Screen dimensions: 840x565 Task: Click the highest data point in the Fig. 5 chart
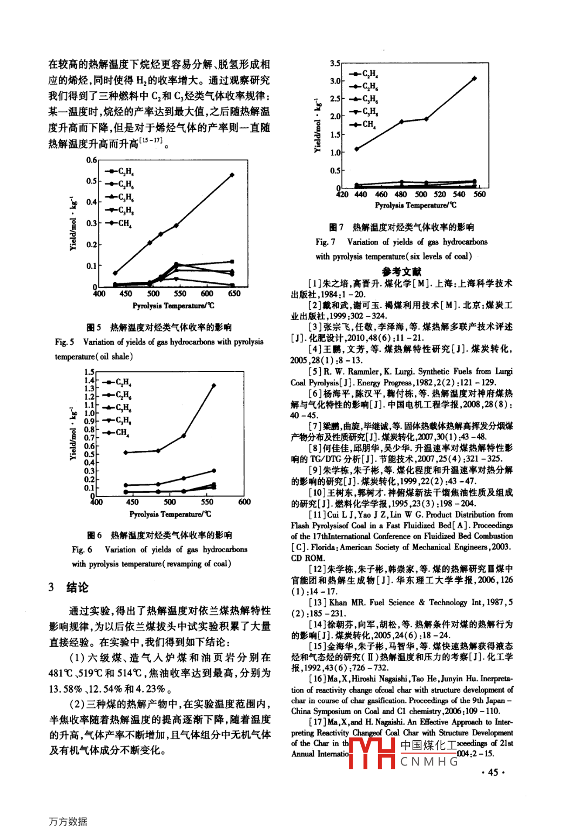pyautogui.click(x=232, y=175)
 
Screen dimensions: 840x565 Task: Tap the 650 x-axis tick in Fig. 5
pyautogui.click(x=234, y=294)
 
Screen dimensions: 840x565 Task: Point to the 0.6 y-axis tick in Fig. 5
pyautogui.click(x=91, y=160)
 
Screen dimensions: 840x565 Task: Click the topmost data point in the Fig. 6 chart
pyautogui.click(x=214, y=385)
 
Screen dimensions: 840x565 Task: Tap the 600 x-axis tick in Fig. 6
pyautogui.click(x=244, y=502)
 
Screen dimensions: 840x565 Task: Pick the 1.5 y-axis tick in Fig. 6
pyautogui.click(x=89, y=372)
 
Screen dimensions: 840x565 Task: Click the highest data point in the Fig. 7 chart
pyautogui.click(x=475, y=78)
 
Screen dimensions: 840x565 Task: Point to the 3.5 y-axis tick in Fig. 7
pyautogui.click(x=335, y=63)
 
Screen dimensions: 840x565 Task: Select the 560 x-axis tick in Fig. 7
pyautogui.click(x=479, y=194)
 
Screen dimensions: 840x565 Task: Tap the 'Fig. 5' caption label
pyautogui.click(x=64, y=342)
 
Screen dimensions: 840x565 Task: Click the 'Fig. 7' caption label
pyautogui.click(x=325, y=242)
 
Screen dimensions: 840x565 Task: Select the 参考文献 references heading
pyautogui.click(x=401, y=272)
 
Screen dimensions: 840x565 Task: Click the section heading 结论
pyautogui.click(x=77, y=587)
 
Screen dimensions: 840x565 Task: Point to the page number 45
pyautogui.click(x=493, y=772)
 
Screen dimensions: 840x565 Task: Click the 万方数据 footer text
pyautogui.click(x=68, y=821)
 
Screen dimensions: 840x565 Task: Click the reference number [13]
pyautogui.click(x=318, y=602)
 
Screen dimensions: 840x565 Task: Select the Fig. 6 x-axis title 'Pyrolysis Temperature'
pyautogui.click(x=169, y=514)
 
